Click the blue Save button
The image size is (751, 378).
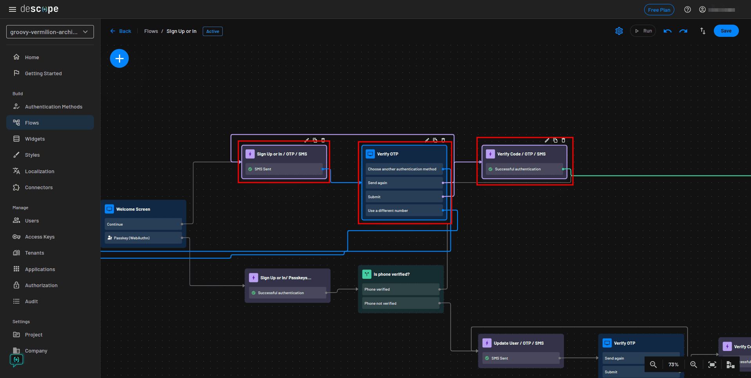click(x=726, y=31)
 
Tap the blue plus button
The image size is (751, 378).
click(x=119, y=58)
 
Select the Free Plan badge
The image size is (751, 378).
click(x=659, y=10)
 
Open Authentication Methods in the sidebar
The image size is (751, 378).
click(x=54, y=107)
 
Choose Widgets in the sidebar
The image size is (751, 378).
click(x=35, y=139)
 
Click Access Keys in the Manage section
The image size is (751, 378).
click(x=40, y=237)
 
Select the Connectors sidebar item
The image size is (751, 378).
click(x=39, y=187)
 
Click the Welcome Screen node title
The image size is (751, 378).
click(x=133, y=209)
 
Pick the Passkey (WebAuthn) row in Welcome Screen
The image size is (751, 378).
click(x=143, y=238)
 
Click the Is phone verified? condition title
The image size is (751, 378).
click(x=391, y=274)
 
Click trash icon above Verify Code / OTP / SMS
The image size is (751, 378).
click(x=564, y=140)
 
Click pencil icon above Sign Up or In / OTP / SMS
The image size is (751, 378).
click(x=307, y=140)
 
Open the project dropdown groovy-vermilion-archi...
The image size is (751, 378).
click(x=50, y=32)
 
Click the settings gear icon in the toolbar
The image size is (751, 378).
click(x=619, y=31)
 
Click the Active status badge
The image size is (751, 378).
click(x=213, y=31)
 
